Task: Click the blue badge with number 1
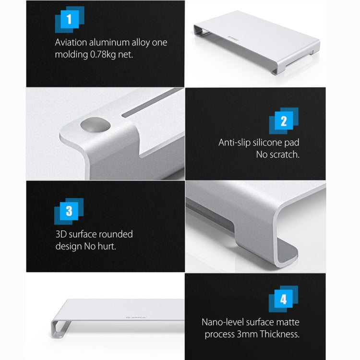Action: [70, 20]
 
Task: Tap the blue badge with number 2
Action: [283, 121]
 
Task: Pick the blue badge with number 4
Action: [283, 300]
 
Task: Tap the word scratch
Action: [283, 155]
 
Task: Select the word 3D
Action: [61, 235]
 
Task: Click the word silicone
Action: [271, 143]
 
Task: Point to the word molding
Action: [70, 54]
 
